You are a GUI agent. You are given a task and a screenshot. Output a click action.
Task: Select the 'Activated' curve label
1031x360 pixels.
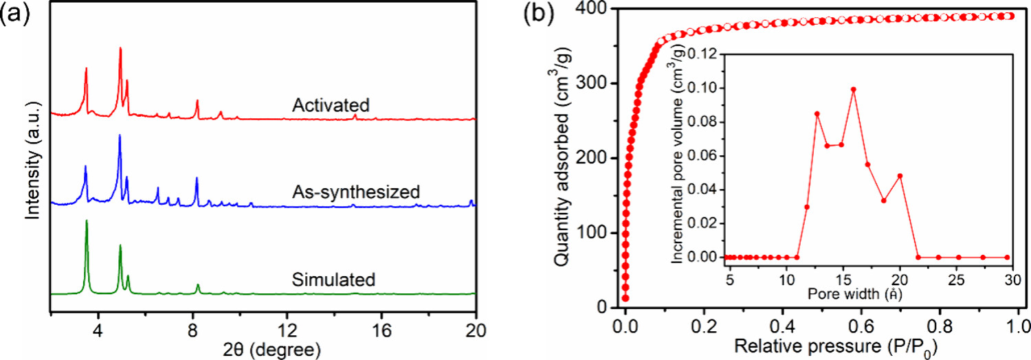click(x=331, y=105)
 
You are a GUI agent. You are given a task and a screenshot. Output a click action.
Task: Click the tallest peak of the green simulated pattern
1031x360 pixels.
click(x=87, y=221)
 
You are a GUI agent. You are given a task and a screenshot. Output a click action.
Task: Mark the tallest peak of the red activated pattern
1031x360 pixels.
click(x=120, y=48)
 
